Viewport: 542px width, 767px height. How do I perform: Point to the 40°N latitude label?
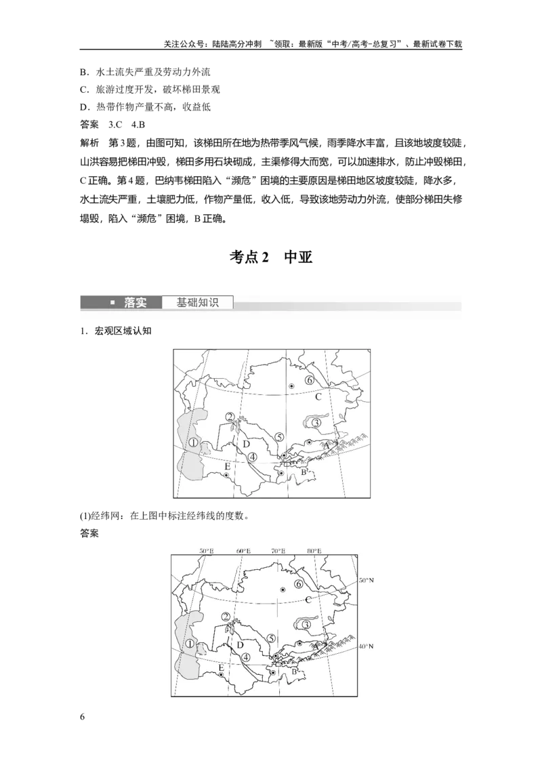pyautogui.click(x=367, y=646)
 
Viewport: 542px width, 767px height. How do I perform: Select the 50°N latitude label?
pyautogui.click(x=367, y=580)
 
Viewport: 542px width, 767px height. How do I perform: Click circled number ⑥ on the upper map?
pyautogui.click(x=309, y=380)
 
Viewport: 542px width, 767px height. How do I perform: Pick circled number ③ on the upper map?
pyautogui.click(x=316, y=422)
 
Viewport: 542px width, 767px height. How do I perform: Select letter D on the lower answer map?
pyautogui.click(x=241, y=645)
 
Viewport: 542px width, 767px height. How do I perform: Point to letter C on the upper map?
pyautogui.click(x=318, y=396)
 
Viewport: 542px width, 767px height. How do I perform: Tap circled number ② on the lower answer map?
pyautogui.click(x=226, y=617)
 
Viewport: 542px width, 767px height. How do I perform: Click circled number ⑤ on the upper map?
pyautogui.click(x=279, y=437)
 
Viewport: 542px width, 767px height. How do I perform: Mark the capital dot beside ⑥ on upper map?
pyautogui.click(x=291, y=386)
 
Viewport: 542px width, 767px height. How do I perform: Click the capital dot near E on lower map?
pyautogui.click(x=222, y=675)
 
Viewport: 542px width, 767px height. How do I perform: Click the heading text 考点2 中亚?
pyautogui.click(x=271, y=257)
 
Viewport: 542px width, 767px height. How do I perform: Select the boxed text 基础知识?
pyautogui.click(x=197, y=303)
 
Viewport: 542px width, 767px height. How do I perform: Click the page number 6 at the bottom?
pyautogui.click(x=82, y=717)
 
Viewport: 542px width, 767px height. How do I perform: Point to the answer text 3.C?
pyautogui.click(x=115, y=125)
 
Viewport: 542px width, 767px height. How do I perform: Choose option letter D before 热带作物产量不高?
pyautogui.click(x=83, y=107)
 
